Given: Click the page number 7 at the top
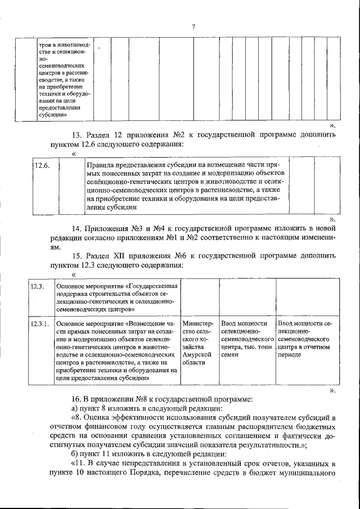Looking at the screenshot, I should [193, 26].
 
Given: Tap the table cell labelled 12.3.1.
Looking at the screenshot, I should [40, 324].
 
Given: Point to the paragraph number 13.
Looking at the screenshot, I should [78, 135].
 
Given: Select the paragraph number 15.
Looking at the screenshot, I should [78, 256].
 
